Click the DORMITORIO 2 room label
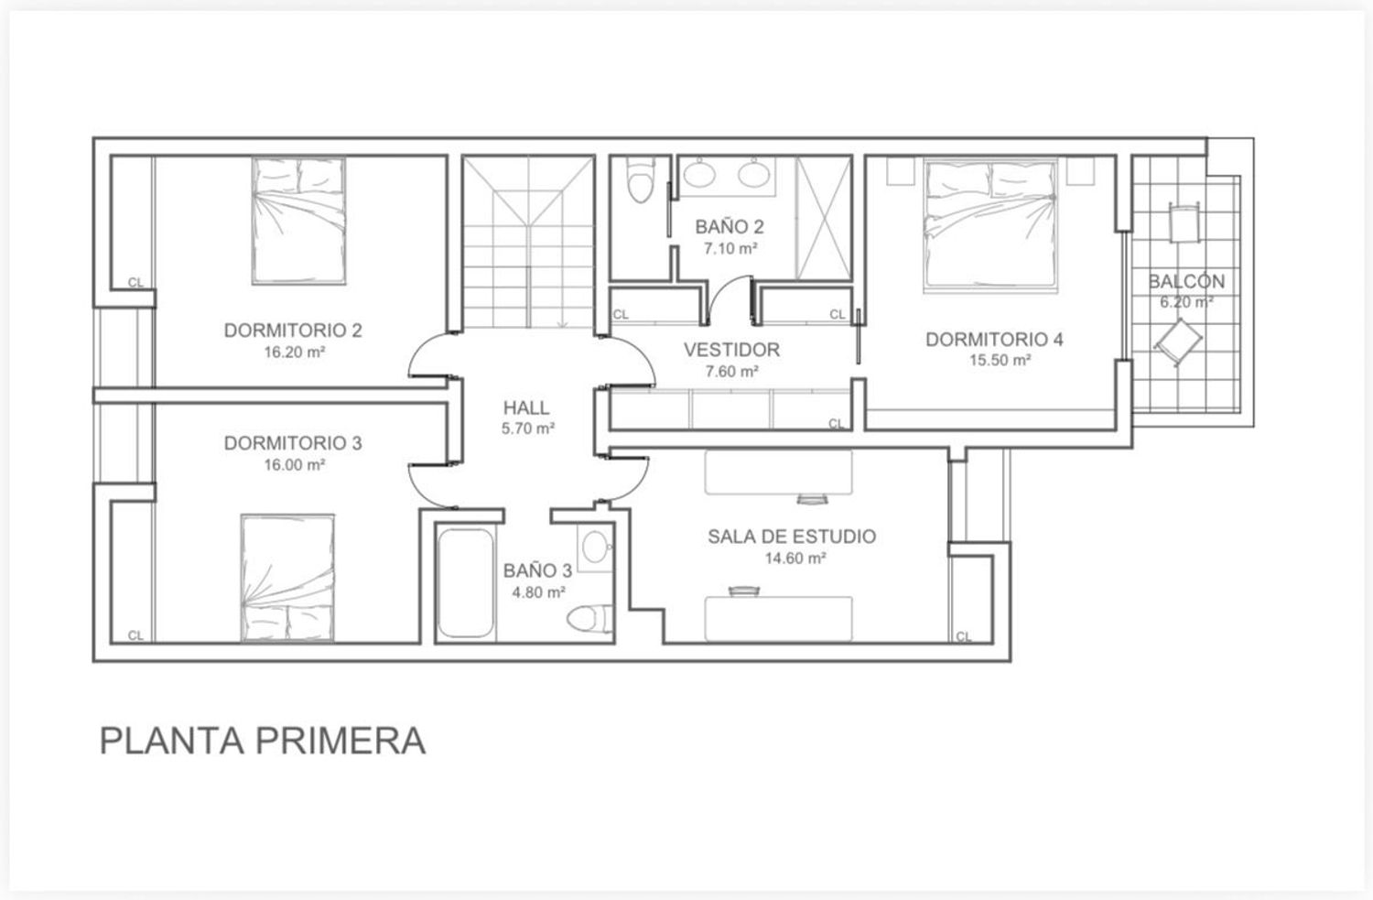point(293,331)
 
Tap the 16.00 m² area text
point(295,465)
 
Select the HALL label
point(526,407)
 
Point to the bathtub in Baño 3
point(465,583)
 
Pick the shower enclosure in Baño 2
point(822,218)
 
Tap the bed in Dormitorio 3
point(286,577)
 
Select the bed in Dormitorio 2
point(299,221)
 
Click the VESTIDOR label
point(731,350)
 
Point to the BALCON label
point(1186,282)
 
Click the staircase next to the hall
point(529,243)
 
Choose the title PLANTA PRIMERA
point(262,741)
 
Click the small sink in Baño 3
point(595,547)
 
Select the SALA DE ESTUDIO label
point(791,537)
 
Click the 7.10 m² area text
point(730,248)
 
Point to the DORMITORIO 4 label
point(994,340)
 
